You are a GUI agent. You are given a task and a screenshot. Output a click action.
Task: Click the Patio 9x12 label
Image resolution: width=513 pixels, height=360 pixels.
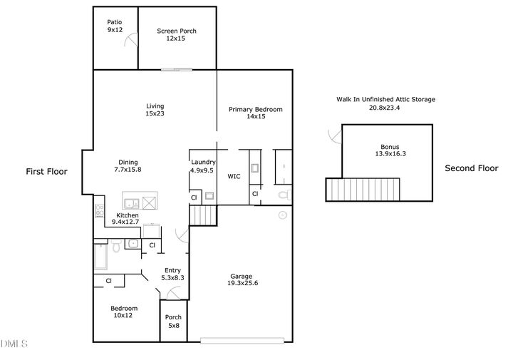pos(115,27)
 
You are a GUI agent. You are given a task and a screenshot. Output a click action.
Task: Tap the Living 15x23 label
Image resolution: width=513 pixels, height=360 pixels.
pos(155,110)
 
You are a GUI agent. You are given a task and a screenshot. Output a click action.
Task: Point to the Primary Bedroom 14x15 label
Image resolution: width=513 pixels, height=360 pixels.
pos(255,113)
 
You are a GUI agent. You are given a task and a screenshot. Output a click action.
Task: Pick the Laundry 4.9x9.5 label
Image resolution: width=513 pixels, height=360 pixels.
pos(203,167)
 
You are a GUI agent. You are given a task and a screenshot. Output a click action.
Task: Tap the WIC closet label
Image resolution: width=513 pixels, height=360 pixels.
pos(234,175)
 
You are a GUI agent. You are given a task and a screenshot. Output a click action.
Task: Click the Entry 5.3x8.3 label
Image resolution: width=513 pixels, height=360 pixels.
pos(173,274)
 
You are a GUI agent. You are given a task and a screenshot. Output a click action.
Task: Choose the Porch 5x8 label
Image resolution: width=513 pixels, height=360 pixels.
pos(173,322)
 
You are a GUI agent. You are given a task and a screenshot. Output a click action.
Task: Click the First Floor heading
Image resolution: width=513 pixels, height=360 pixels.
pos(46,171)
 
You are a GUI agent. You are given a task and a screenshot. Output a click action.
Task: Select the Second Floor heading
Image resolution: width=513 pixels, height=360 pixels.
pos(471,168)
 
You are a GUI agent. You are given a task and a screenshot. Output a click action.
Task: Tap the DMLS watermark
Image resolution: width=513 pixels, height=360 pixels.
pos(14,345)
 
